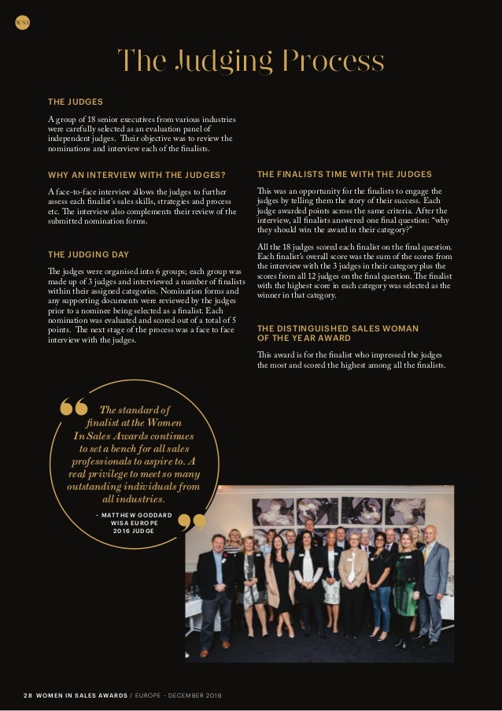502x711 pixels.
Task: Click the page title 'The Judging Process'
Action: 250,61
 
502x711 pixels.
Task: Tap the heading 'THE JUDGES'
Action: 76,102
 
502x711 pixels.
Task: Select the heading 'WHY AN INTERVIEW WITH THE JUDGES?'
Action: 137,174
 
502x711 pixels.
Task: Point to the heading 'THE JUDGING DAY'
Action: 88,254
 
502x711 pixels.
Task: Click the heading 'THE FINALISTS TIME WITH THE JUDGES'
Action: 344,174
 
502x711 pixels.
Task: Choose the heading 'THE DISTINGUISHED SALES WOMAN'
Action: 338,328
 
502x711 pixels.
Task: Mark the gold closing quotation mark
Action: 192,524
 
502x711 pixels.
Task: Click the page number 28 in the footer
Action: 28,696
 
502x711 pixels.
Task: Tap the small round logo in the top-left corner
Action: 22,23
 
